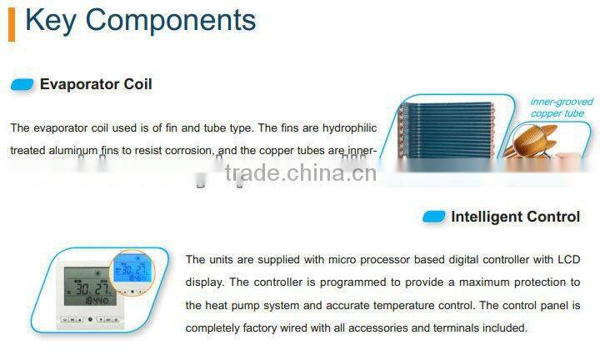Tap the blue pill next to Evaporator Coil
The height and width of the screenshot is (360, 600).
coord(22,84)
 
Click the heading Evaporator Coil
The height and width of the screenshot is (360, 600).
coord(96,84)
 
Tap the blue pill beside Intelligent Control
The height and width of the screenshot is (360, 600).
coord(433,217)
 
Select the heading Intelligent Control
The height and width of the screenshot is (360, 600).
coord(515,217)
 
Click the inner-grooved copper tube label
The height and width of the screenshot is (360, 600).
coord(562,107)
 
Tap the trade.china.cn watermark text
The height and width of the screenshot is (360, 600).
coord(301,173)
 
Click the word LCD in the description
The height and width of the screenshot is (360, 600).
coord(567,260)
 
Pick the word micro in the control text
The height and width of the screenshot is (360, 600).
coord(316,260)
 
